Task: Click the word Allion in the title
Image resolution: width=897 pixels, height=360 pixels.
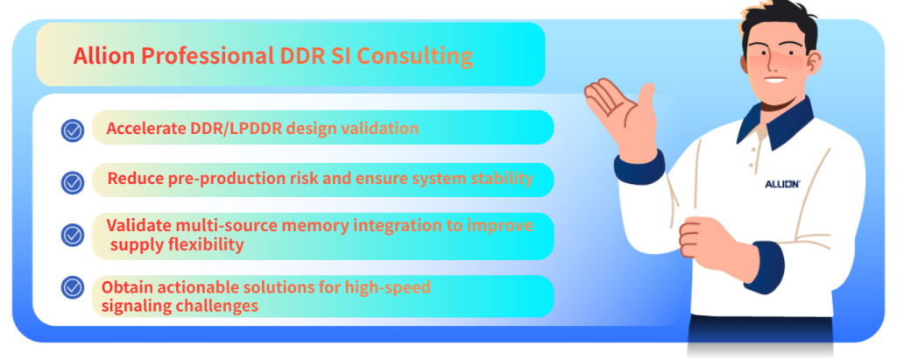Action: pos(104,56)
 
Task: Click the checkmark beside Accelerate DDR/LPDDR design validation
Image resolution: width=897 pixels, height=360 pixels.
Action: pos(72,130)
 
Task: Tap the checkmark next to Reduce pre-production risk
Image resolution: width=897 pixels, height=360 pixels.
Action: pos(72,182)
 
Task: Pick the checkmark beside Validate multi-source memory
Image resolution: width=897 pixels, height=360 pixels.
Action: pos(72,235)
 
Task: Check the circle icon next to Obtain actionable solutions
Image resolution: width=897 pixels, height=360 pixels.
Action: pos(72,287)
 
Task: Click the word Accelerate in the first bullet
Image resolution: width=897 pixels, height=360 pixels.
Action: pos(146,128)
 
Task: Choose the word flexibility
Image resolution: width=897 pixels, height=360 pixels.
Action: pos(208,245)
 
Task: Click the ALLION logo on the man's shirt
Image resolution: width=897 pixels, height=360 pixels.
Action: pos(782,184)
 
